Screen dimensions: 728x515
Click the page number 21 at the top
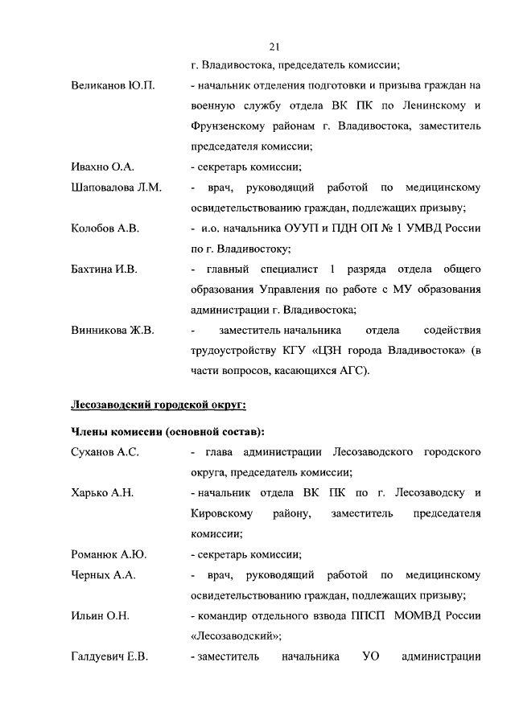[x=275, y=46]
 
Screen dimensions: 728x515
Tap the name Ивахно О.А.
[x=102, y=167]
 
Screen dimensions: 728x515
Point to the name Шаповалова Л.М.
[x=117, y=188]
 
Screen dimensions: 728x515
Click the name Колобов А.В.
[x=105, y=229]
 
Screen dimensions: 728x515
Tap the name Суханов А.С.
[x=105, y=453]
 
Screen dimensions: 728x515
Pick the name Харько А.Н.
[x=102, y=493]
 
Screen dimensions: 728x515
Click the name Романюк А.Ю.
[x=109, y=555]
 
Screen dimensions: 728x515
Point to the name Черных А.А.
[x=104, y=575]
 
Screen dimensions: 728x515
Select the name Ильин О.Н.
[x=101, y=616]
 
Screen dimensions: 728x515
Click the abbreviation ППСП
[x=363, y=616]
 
